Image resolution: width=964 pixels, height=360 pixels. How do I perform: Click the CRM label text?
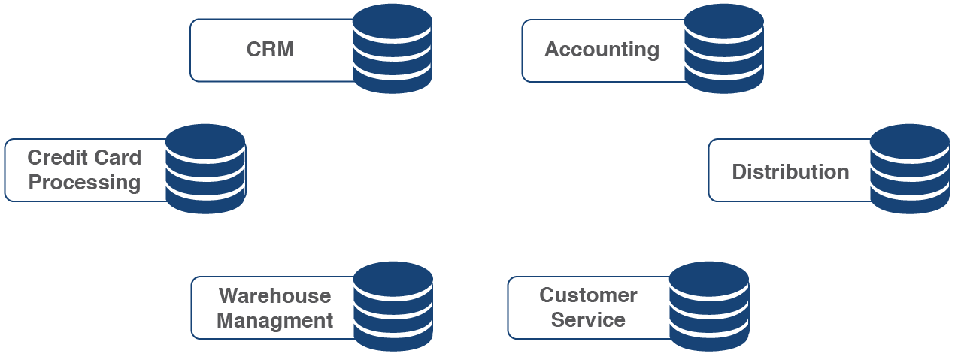(270, 50)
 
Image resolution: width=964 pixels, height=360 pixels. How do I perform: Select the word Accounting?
(602, 50)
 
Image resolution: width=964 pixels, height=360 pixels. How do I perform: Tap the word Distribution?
(790, 171)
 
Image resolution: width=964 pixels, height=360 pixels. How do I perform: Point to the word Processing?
(84, 183)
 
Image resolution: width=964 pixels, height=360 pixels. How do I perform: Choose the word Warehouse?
(274, 295)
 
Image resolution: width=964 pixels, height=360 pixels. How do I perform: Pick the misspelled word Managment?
(274, 321)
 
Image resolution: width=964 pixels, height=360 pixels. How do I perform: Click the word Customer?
(588, 295)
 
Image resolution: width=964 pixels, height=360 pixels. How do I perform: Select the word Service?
(588, 319)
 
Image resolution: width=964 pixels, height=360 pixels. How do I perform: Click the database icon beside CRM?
(393, 49)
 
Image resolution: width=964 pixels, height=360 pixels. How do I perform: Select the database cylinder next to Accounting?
(724, 49)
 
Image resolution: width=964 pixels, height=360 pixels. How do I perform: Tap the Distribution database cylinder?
(910, 169)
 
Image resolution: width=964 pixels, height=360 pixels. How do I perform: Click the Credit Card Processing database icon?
(205, 169)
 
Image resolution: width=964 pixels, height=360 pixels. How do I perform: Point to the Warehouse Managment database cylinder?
(393, 306)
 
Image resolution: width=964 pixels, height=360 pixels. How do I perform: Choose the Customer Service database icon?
(708, 306)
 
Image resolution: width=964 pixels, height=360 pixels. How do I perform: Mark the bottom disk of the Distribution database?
(910, 201)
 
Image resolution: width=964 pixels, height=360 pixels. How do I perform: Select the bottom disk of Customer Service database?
(708, 338)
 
